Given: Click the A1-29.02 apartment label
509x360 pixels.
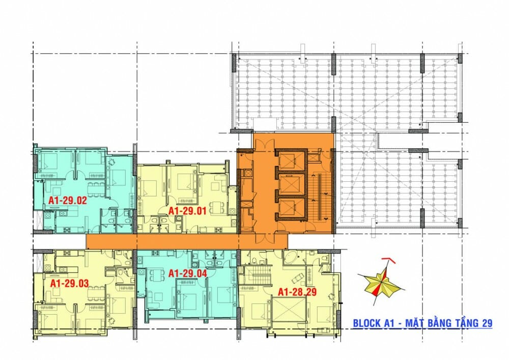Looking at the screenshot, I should tap(68, 200).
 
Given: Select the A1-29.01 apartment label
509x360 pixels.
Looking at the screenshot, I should tap(187, 210).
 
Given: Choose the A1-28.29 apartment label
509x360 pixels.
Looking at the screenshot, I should tap(296, 292).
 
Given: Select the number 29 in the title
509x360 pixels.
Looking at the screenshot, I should tap(486, 323).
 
